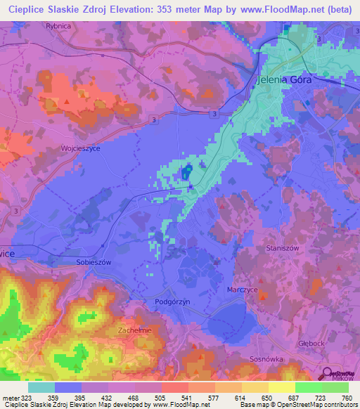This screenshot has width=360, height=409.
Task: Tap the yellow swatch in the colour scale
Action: pyautogui.click(x=282, y=387)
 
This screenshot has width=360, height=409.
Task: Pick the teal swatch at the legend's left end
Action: pyautogui.click(x=41, y=387)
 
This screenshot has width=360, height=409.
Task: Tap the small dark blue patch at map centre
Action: pyautogui.click(x=186, y=172)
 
